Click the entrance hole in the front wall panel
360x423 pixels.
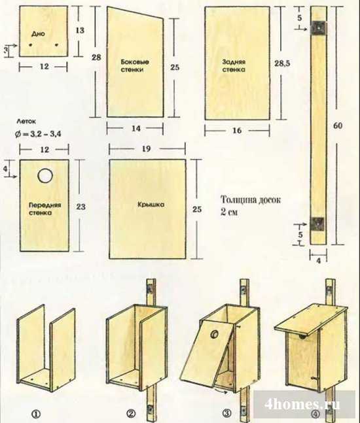45,176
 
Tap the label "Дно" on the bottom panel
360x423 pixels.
38,34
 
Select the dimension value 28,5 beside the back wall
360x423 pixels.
282,63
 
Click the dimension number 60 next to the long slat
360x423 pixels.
338,126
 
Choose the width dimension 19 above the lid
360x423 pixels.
146,148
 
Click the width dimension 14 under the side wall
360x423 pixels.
136,128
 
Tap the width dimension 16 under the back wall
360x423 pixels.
237,131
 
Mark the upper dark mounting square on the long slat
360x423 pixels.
319,28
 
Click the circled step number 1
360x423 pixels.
36,414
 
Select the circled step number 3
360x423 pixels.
227,413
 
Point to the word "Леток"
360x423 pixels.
26,122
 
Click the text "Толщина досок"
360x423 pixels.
251,200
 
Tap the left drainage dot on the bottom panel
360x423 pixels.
31,44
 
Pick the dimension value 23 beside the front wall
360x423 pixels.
81,207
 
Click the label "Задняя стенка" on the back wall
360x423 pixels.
234,65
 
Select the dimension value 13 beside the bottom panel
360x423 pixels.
80,30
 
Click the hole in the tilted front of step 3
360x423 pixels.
215,334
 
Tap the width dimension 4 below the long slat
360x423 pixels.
318,261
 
